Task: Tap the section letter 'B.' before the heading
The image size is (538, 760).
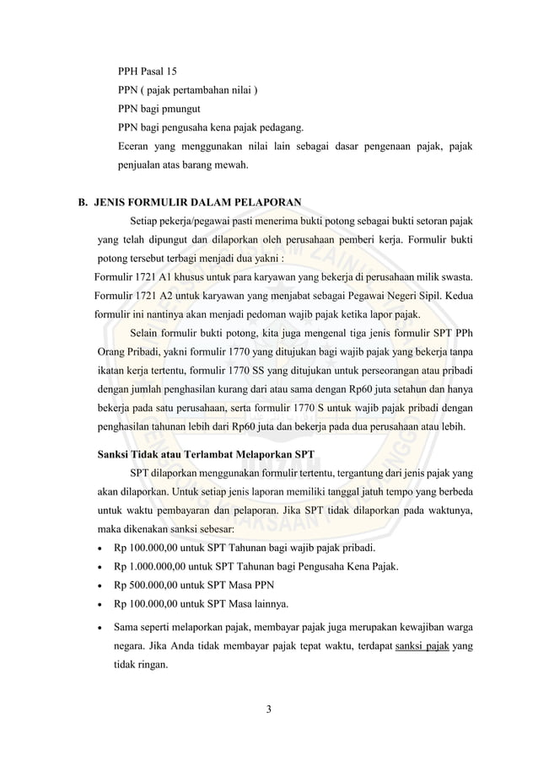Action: coord(83,203)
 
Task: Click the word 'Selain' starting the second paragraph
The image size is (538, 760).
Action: coord(144,334)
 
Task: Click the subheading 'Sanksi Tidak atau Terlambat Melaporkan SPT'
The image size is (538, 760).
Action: coord(206,454)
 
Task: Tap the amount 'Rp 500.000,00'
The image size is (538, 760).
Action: coord(150,584)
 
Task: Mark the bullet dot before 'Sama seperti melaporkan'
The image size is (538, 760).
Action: coord(100,628)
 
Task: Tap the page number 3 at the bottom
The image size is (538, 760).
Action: coord(268,708)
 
